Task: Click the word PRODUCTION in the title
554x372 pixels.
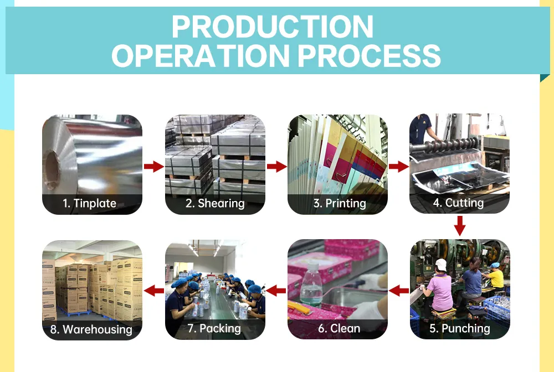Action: click(x=273, y=27)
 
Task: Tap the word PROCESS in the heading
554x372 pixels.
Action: click(x=370, y=55)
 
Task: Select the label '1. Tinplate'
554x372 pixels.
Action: click(x=89, y=203)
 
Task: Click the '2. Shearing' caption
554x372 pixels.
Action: click(x=215, y=203)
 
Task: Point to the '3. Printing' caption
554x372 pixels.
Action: click(x=340, y=203)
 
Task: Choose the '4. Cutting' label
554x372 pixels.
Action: click(x=459, y=203)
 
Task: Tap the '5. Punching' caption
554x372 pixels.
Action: click(x=460, y=328)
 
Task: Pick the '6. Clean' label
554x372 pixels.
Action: click(x=339, y=328)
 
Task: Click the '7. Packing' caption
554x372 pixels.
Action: click(x=214, y=328)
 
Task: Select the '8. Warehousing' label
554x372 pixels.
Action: click(x=91, y=329)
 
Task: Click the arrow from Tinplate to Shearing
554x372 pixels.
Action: click(x=153, y=166)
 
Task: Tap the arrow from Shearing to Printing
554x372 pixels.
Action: click(x=276, y=166)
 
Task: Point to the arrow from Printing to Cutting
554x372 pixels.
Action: click(x=398, y=166)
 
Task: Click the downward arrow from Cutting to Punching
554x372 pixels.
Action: click(x=459, y=225)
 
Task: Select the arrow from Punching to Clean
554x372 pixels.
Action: click(x=398, y=291)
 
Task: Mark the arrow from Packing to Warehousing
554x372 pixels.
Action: click(x=153, y=291)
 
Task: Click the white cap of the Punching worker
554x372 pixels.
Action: click(x=441, y=265)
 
